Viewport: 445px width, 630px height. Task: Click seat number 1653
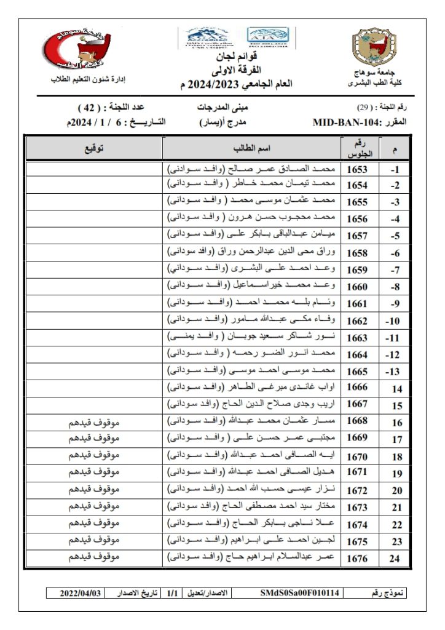pos(357,169)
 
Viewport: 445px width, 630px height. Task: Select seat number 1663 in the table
pos(357,338)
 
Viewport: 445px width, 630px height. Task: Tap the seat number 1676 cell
pos(357,558)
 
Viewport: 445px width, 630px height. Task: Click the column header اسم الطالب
pos(253,149)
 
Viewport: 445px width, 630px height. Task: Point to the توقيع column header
pos(93,149)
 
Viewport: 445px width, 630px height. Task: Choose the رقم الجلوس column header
pos(357,149)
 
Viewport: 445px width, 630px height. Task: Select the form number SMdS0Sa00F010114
pos(299,593)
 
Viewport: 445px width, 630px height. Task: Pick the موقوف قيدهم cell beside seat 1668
pos(93,421)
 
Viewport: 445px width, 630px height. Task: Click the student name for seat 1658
pos(252,253)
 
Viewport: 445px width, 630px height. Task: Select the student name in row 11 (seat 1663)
pos(252,338)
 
